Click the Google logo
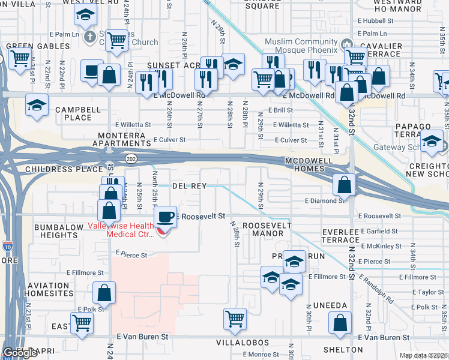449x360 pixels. (x=20, y=353)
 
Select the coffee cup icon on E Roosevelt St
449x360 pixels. (x=166, y=216)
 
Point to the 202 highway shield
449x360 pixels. (x=130, y=158)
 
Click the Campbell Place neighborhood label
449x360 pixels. (x=73, y=114)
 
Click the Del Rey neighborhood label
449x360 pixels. (x=189, y=186)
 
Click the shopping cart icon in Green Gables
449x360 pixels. (x=19, y=58)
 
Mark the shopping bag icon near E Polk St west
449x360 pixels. (x=104, y=293)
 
